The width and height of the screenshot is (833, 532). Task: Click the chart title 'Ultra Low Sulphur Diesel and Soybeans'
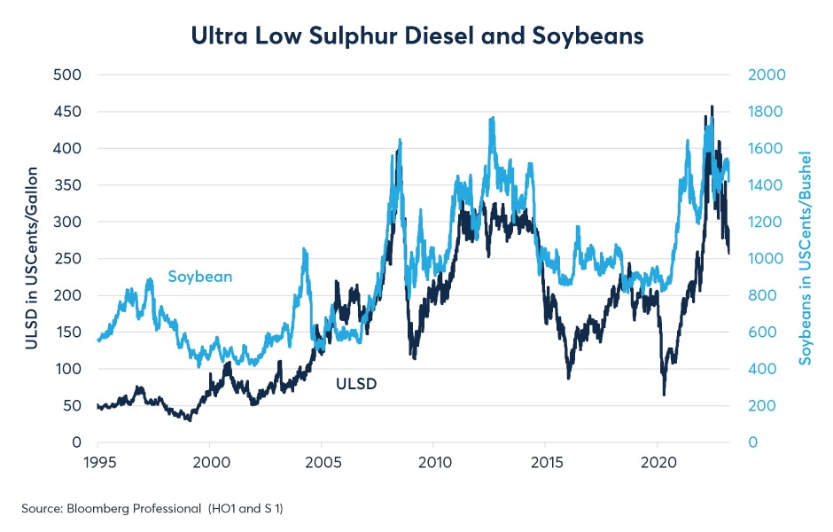pyautogui.click(x=416, y=36)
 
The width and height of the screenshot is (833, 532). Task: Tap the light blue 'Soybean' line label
pyautogui.click(x=200, y=277)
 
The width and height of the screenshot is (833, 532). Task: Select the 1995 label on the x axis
pyautogui.click(x=97, y=462)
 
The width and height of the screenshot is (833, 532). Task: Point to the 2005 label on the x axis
pyautogui.click(x=321, y=462)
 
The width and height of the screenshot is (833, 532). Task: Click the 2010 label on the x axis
pyautogui.click(x=433, y=462)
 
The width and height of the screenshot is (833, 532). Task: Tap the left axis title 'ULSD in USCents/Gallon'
pyautogui.click(x=32, y=257)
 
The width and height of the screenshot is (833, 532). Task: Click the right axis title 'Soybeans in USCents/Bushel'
pyautogui.click(x=806, y=257)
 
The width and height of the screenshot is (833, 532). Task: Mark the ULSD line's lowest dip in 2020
pyautogui.click(x=664, y=395)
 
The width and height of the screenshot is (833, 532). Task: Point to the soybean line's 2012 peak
pyautogui.click(x=492, y=118)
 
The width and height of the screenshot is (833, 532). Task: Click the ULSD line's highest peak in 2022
pyautogui.click(x=712, y=106)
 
